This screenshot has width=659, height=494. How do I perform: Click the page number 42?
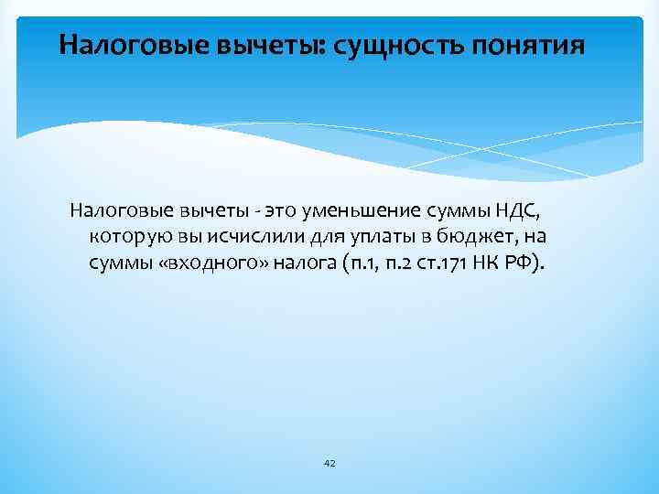click(329, 465)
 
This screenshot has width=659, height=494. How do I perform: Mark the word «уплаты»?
click(369, 238)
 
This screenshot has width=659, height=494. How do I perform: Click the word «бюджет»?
click(473, 238)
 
